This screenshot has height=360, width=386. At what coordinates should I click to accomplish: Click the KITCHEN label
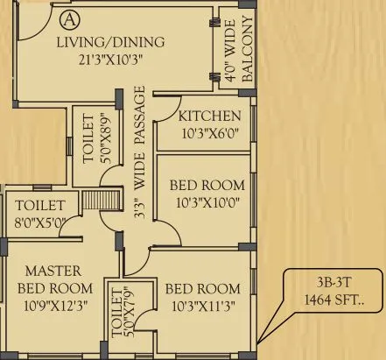coord(209,116)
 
